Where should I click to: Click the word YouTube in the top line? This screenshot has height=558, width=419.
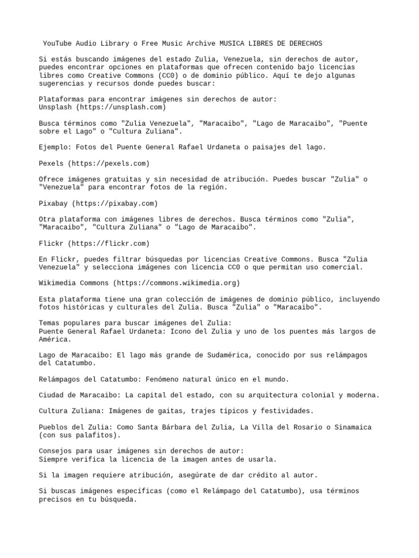pyautogui.click(x=58, y=43)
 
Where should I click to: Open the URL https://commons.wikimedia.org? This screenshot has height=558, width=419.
pyautogui.click(x=176, y=283)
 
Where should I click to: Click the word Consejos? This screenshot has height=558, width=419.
pyautogui.click(x=57, y=451)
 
